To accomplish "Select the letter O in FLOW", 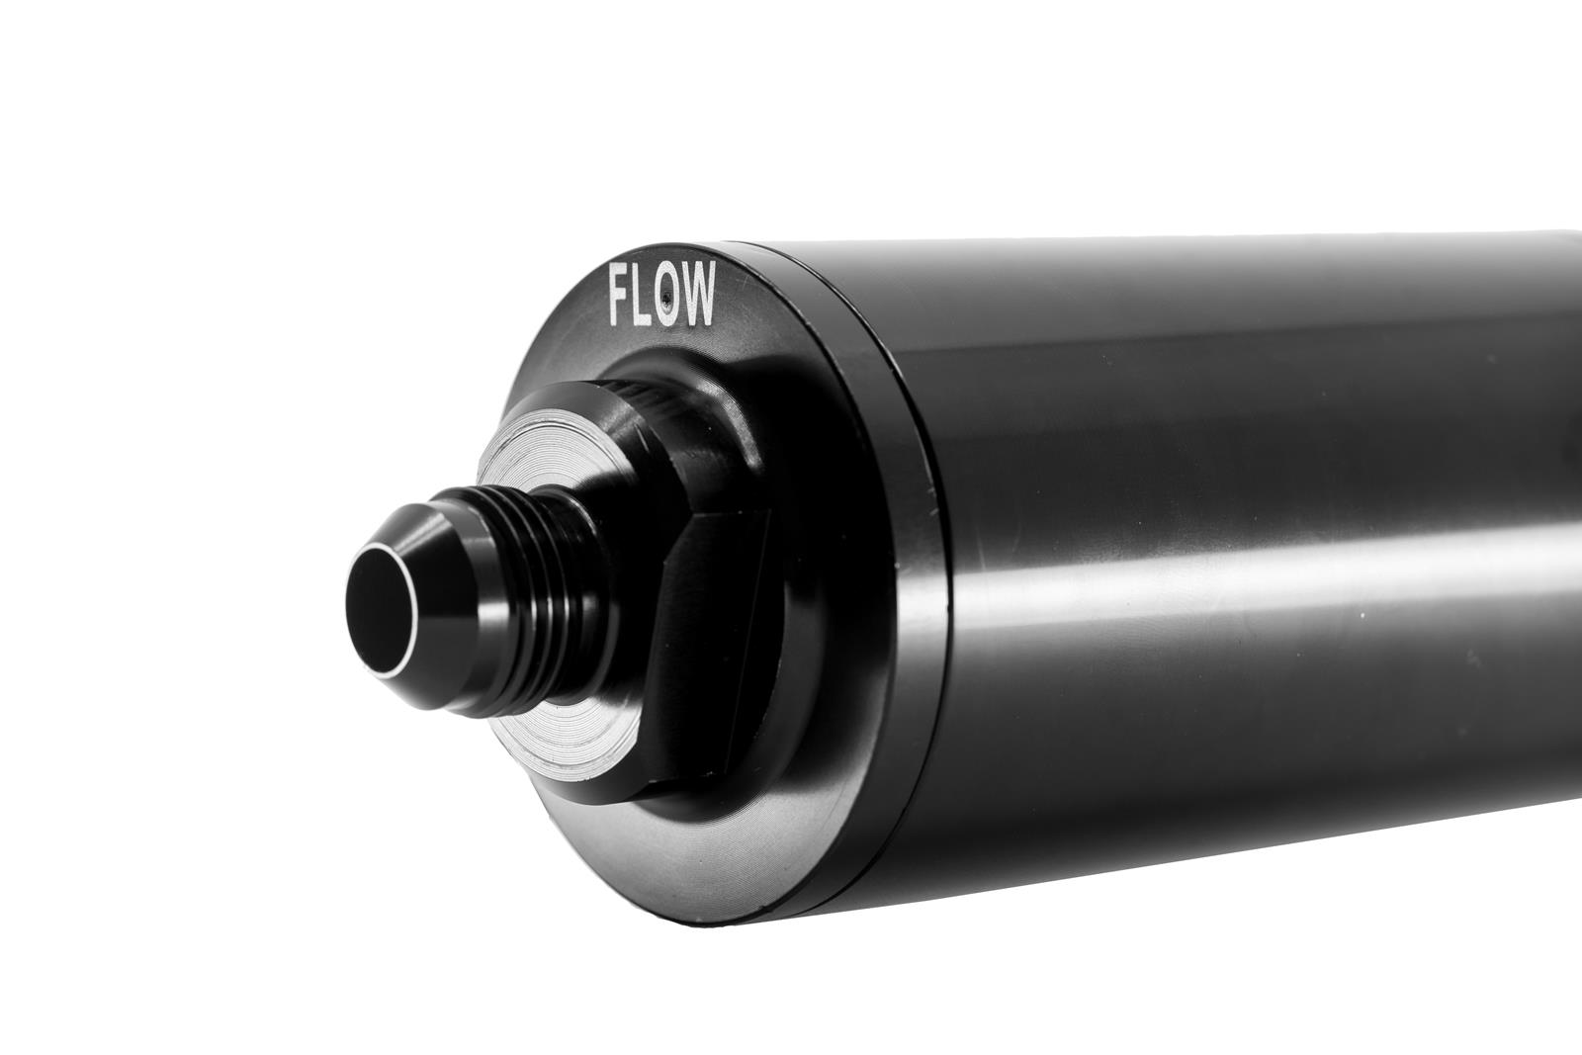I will (669, 298).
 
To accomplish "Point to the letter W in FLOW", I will (698, 296).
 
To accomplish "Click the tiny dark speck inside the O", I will (669, 298).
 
